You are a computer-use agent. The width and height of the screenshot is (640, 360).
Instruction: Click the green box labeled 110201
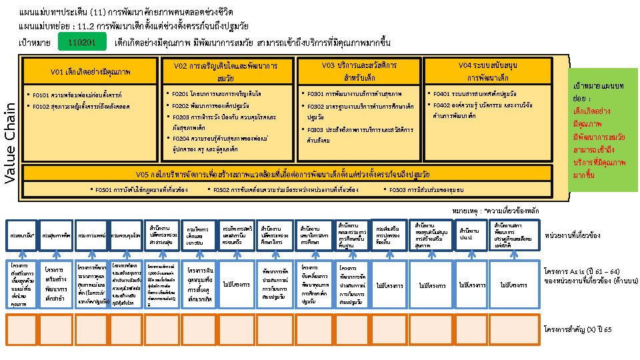click(x=82, y=42)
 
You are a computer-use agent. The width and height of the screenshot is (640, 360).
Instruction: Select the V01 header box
click(x=91, y=71)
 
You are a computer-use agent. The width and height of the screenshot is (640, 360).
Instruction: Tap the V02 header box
click(x=226, y=71)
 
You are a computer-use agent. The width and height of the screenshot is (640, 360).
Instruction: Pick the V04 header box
click(x=488, y=71)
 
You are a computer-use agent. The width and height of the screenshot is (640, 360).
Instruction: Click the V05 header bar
click(x=287, y=174)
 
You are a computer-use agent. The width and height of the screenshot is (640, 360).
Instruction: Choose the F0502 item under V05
click(x=291, y=190)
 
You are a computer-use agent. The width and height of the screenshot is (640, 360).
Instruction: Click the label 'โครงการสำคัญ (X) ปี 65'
click(x=577, y=329)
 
